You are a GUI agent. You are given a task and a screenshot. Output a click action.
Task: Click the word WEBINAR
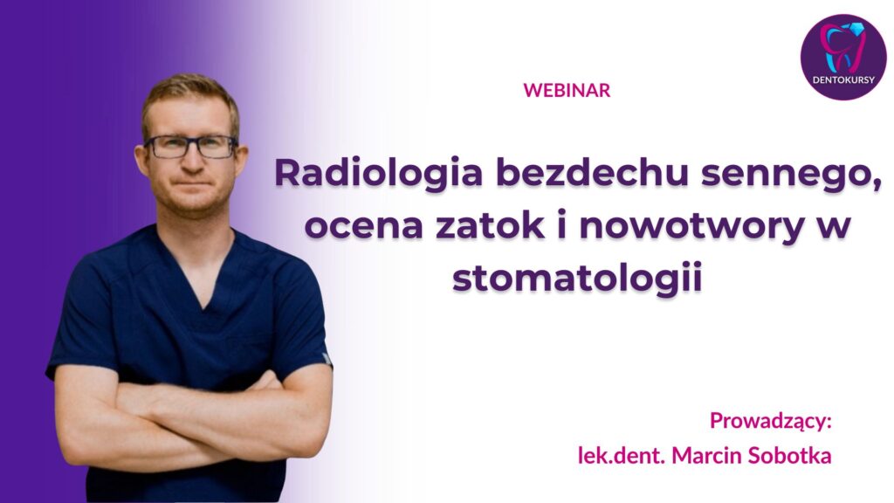(567, 90)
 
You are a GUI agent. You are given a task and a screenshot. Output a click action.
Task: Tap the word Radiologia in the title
(379, 173)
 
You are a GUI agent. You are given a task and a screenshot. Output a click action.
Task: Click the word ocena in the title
(364, 225)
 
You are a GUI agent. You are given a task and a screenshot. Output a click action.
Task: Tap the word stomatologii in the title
(576, 279)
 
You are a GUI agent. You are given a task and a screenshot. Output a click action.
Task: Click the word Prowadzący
(771, 422)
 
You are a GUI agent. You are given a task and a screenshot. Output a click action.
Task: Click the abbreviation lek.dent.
(622, 455)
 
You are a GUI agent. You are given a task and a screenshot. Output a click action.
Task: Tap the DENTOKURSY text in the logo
(843, 79)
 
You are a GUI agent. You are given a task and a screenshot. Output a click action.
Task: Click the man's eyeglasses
(190, 147)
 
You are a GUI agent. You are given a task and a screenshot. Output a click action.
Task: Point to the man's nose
(192, 161)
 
